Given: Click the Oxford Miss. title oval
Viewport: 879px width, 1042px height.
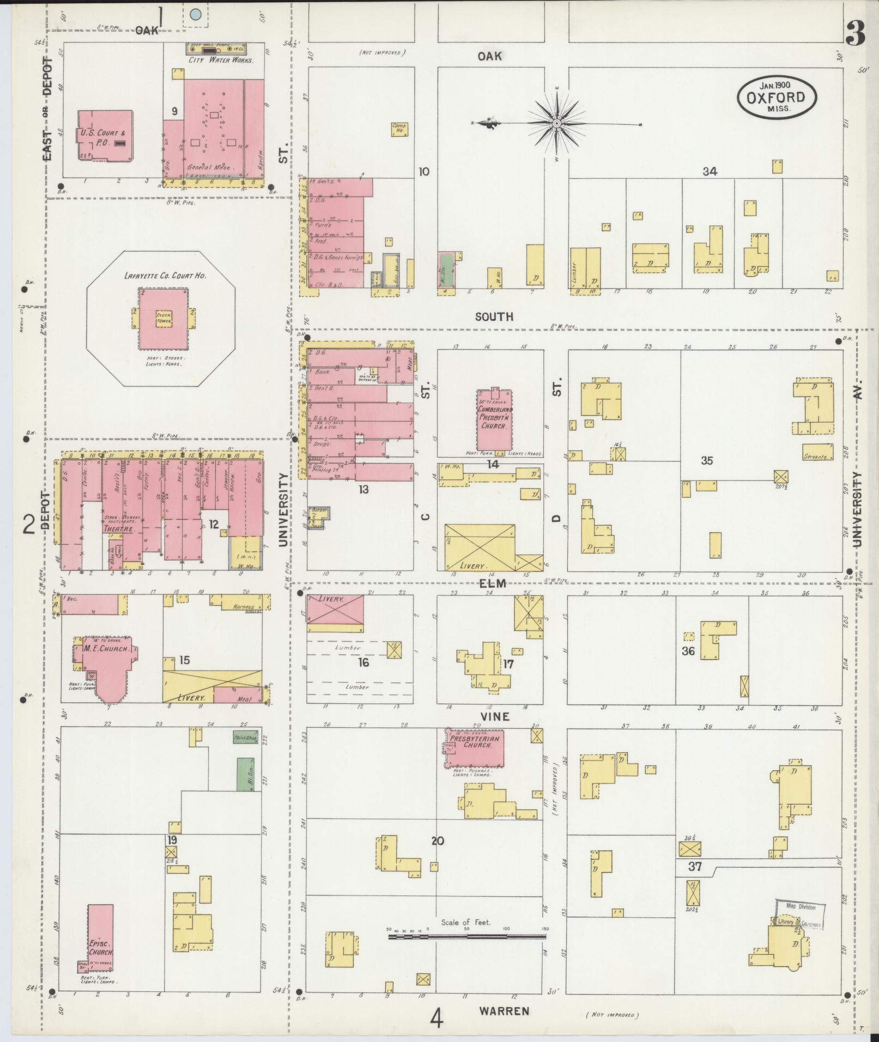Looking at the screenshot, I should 777,97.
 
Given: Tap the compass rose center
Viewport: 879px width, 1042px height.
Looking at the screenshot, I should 556,124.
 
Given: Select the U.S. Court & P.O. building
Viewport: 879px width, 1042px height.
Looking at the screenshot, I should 105,136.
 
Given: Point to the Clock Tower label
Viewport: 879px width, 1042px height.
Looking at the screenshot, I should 163,318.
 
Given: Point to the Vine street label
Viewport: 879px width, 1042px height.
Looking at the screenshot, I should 494,716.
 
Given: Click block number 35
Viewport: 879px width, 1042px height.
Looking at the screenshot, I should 707,461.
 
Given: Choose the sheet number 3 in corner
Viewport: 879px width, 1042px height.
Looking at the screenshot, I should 856,34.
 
